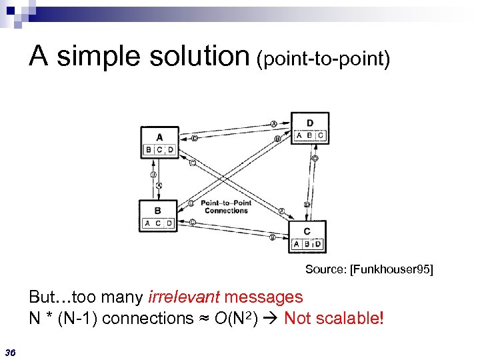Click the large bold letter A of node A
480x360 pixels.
pos(159,138)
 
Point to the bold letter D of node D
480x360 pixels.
pos(310,123)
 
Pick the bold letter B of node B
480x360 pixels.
pos(157,211)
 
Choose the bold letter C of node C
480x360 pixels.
pos(307,231)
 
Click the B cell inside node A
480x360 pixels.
pos(149,150)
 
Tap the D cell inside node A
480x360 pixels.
pos(171,150)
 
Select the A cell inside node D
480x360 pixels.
pos(299,135)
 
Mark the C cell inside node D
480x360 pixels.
pos(321,135)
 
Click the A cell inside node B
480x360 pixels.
pos(147,223)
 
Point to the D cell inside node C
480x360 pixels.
pos(318,244)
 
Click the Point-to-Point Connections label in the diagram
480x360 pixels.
pos(226,207)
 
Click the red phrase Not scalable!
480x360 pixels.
pos(334,318)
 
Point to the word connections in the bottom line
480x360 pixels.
pos(152,318)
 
